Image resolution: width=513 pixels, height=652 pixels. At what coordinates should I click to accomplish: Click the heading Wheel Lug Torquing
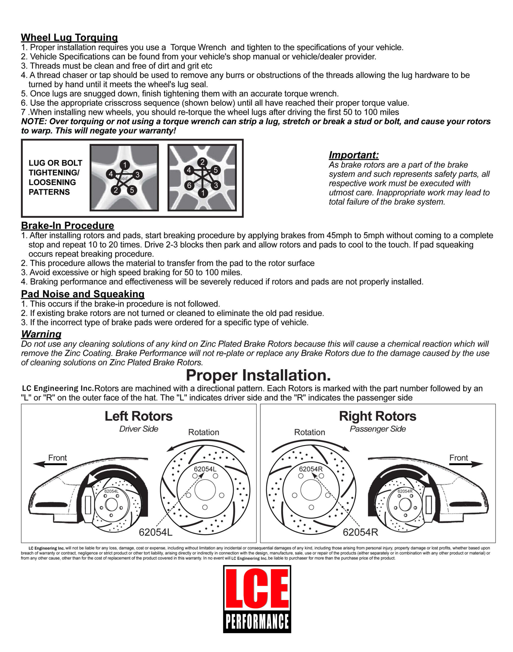(69, 37)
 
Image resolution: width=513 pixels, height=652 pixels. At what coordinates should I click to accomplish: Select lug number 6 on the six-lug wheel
(189, 185)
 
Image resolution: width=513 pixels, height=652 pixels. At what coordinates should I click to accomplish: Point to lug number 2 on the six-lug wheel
(203, 162)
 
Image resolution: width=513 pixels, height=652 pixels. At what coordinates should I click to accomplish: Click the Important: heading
(354, 155)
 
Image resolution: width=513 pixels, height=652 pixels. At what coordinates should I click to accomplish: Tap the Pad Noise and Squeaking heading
(83, 294)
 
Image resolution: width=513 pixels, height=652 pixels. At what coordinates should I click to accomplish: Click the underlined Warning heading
(41, 334)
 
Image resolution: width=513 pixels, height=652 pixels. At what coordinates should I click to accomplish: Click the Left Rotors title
(139, 416)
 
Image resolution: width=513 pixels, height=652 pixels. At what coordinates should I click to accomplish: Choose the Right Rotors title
(378, 416)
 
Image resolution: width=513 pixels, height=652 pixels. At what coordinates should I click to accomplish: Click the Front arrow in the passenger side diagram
(466, 464)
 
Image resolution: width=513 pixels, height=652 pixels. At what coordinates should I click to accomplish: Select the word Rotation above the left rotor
(204, 432)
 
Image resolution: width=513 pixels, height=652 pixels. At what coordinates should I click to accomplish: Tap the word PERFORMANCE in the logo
(257, 621)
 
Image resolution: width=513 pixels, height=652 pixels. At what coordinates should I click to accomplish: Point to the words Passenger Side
(378, 429)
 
